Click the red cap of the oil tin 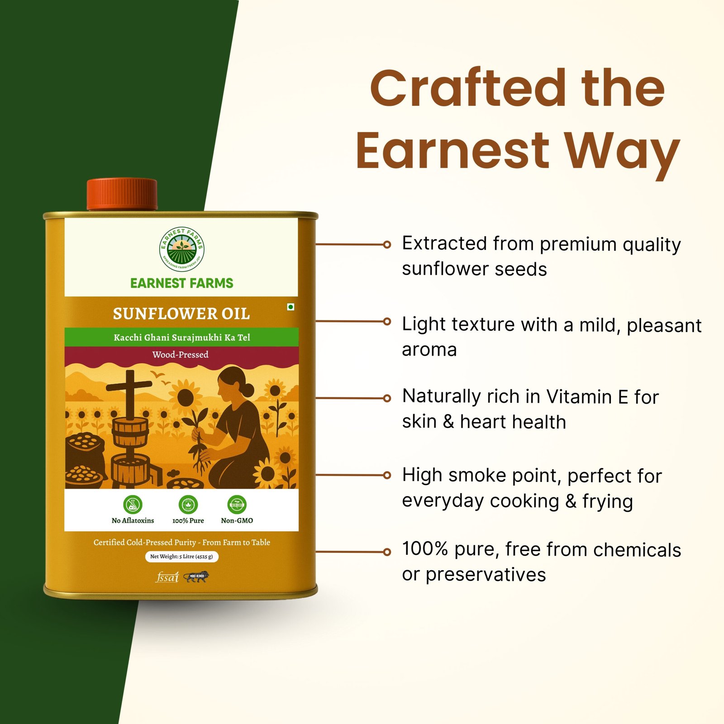point(122,194)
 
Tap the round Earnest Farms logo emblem point(181,249)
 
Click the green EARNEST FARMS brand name point(181,283)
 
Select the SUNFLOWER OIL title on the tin point(181,314)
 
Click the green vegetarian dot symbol point(291,307)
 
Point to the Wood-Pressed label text point(180,355)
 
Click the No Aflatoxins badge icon point(133,504)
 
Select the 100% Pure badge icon point(188,504)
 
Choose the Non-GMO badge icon point(237,504)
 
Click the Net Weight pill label point(181,556)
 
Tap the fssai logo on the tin point(167,577)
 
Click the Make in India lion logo point(197,576)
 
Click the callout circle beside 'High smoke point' point(387,475)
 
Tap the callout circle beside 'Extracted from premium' point(387,244)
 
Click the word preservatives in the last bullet point(486,575)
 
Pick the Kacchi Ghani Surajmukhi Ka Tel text point(181,338)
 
